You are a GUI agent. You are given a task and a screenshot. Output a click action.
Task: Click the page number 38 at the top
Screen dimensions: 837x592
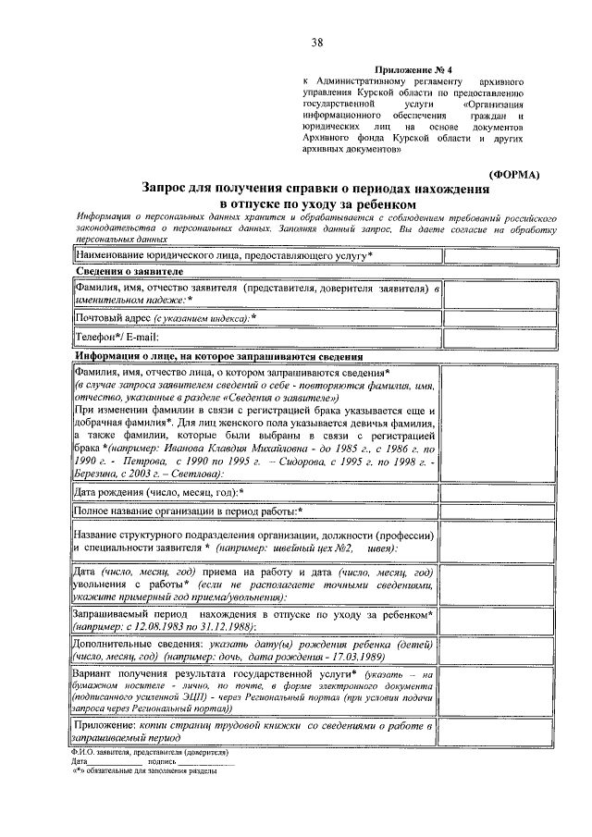[317, 43]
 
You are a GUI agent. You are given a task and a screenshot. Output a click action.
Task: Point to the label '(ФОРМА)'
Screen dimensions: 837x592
[521, 174]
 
